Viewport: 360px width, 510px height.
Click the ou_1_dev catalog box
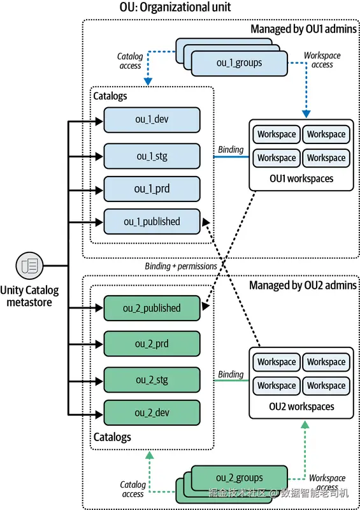pos(152,120)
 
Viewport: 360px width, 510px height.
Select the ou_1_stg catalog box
pos(152,156)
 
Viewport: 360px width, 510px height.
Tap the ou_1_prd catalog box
pos(152,189)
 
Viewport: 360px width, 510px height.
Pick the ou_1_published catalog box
pos(152,221)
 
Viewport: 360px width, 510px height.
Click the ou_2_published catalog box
pos(152,308)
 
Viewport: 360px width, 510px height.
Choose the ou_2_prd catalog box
pos(152,344)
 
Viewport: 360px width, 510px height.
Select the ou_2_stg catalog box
pos(152,380)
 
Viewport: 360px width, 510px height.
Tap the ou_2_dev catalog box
pos(152,412)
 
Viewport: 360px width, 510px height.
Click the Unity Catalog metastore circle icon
pos(29,266)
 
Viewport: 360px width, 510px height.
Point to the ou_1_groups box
pos(240,63)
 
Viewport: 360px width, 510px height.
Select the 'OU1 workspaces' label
pos(301,178)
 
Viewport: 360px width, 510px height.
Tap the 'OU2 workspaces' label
pos(301,407)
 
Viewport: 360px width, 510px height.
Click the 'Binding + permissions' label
pos(181,266)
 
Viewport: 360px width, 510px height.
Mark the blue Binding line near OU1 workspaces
pos(231,157)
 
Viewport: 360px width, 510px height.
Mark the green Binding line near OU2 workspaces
pos(231,380)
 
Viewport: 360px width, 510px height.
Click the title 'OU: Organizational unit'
pos(175,7)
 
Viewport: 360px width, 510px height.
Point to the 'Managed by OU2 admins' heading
pos(303,285)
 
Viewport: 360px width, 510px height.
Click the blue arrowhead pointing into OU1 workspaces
pos(306,114)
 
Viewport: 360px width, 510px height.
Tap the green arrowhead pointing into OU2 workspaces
pos(305,425)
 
